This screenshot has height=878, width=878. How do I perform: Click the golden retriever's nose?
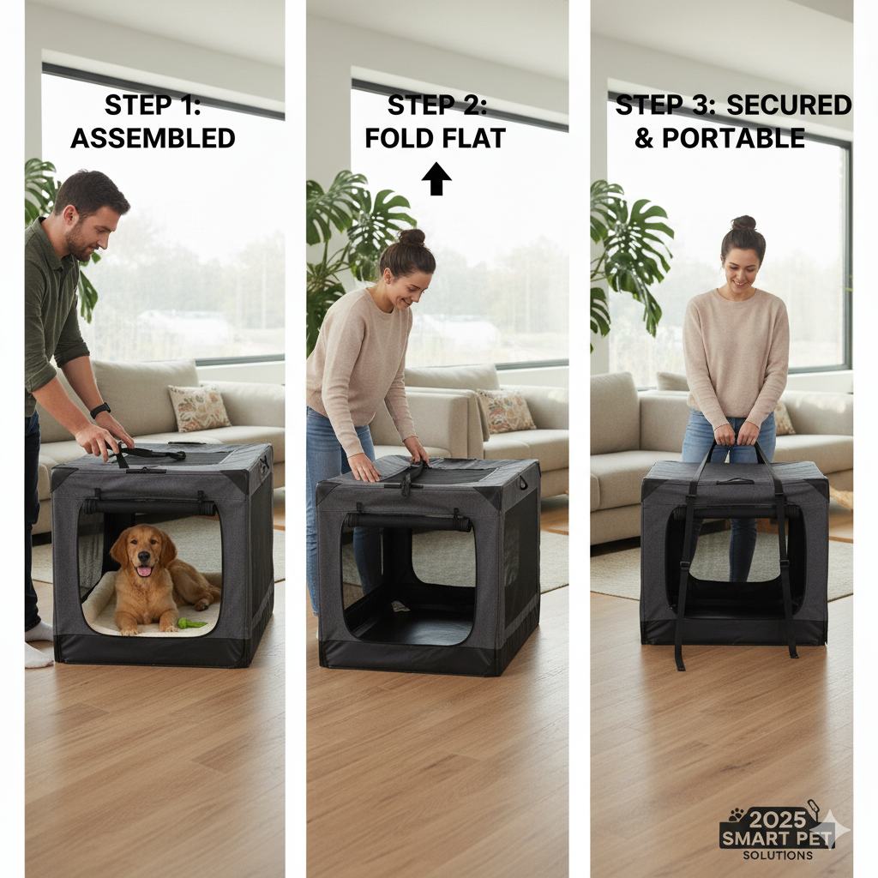(144, 556)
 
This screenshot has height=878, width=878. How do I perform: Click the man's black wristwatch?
(100, 411)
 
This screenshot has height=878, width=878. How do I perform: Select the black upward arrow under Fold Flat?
(436, 179)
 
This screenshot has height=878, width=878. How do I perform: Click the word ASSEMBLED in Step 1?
(153, 138)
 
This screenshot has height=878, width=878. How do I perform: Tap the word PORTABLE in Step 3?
(734, 138)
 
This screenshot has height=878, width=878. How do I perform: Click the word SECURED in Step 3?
(789, 105)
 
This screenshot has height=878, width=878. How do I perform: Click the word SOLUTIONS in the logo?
(778, 855)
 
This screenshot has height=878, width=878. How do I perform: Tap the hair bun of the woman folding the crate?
(412, 238)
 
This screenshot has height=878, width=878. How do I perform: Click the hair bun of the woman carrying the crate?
(743, 223)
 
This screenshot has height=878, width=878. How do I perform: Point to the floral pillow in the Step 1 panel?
(199, 407)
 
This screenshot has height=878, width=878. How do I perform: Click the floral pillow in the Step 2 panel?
(506, 411)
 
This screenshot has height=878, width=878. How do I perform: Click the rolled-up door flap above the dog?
(149, 507)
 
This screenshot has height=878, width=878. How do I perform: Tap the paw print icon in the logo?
(736, 814)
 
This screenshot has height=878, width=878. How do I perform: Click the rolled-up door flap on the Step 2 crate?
(407, 521)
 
